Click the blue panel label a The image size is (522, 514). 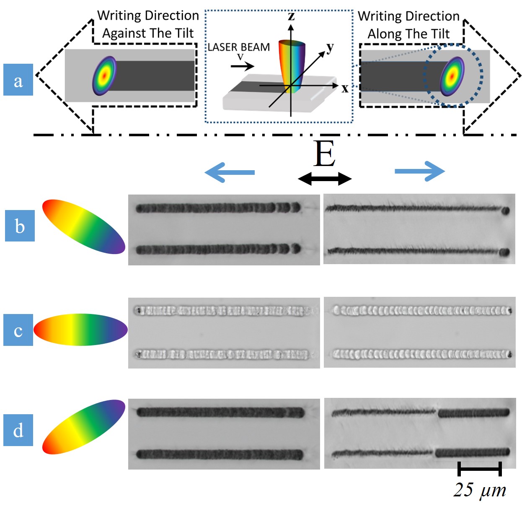click(18, 80)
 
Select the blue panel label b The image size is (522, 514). click(20, 226)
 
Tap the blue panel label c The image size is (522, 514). click(18, 330)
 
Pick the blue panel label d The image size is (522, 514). click(18, 430)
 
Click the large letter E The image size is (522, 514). click(325, 154)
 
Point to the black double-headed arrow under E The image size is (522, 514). click(325, 179)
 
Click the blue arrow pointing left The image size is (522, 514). click(230, 172)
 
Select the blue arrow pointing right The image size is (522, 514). click(420, 171)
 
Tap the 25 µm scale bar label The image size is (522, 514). click(480, 490)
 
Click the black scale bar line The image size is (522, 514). click(480, 469)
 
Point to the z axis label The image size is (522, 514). click(291, 16)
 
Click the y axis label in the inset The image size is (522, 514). click(330, 47)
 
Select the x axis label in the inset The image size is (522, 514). click(344, 88)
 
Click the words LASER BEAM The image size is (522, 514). click(239, 47)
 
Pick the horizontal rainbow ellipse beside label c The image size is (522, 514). click(80, 330)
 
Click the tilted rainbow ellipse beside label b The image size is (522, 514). click(84, 226)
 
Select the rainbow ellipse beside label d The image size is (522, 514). click(84, 427)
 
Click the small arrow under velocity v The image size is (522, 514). click(243, 66)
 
